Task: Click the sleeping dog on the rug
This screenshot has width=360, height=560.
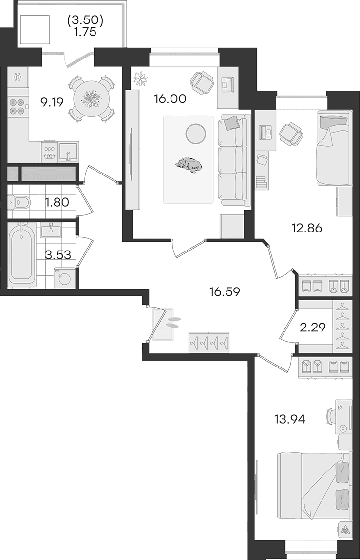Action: pyautogui.click(x=188, y=165)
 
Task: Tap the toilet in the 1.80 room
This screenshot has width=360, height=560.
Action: pyautogui.click(x=19, y=202)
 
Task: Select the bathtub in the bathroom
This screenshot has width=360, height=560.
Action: pyautogui.click(x=22, y=253)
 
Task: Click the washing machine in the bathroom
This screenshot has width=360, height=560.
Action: pyautogui.click(x=65, y=278)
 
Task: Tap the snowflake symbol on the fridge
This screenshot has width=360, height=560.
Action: pyautogui.click(x=17, y=77)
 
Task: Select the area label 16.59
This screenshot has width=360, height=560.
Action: pyautogui.click(x=225, y=292)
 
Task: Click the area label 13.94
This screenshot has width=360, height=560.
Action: pyautogui.click(x=290, y=419)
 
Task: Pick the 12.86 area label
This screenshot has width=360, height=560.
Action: pyautogui.click(x=306, y=228)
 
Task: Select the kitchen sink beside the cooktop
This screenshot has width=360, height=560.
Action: pyautogui.click(x=68, y=152)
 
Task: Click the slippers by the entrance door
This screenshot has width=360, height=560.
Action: pyautogui.click(x=173, y=323)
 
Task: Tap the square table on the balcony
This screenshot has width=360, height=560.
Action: pyautogui.click(x=35, y=30)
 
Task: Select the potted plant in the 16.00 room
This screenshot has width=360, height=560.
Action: pyautogui.click(x=141, y=78)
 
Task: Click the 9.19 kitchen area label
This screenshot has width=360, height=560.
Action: pyautogui.click(x=52, y=103)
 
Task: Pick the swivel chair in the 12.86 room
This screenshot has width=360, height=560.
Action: pyautogui.click(x=291, y=135)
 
